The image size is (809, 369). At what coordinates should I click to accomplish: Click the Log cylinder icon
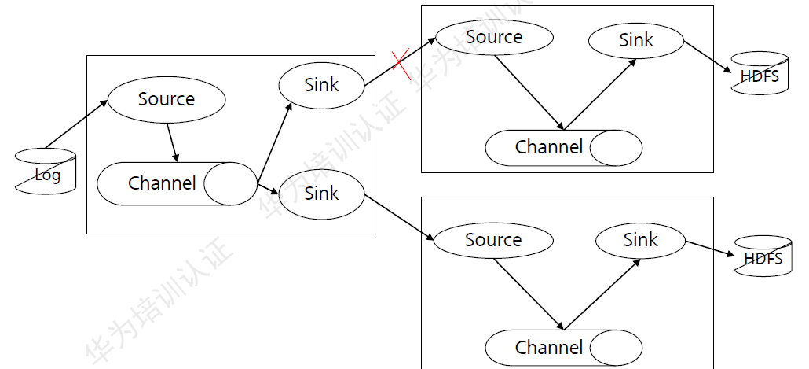coord(46,171)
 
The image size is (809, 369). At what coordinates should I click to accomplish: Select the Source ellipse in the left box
coord(167,99)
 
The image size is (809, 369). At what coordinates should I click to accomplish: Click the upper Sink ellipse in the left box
coord(321,85)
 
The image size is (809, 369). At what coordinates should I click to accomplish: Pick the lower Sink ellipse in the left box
coord(321,194)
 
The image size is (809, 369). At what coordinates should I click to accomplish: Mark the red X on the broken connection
coord(401,64)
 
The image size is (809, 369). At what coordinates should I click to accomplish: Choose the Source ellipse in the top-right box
coord(494,37)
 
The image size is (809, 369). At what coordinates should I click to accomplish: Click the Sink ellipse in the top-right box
coord(635,40)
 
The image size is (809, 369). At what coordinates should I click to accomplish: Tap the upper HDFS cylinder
coord(760,76)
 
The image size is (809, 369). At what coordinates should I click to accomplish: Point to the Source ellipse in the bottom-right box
coord(493,240)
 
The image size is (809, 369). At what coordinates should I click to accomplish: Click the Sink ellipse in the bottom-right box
coord(641,240)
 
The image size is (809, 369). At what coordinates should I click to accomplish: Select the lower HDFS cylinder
coord(763,256)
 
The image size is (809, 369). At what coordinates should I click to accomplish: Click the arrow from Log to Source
coord(76,124)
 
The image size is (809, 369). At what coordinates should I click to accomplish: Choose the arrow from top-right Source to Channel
coord(529,90)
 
